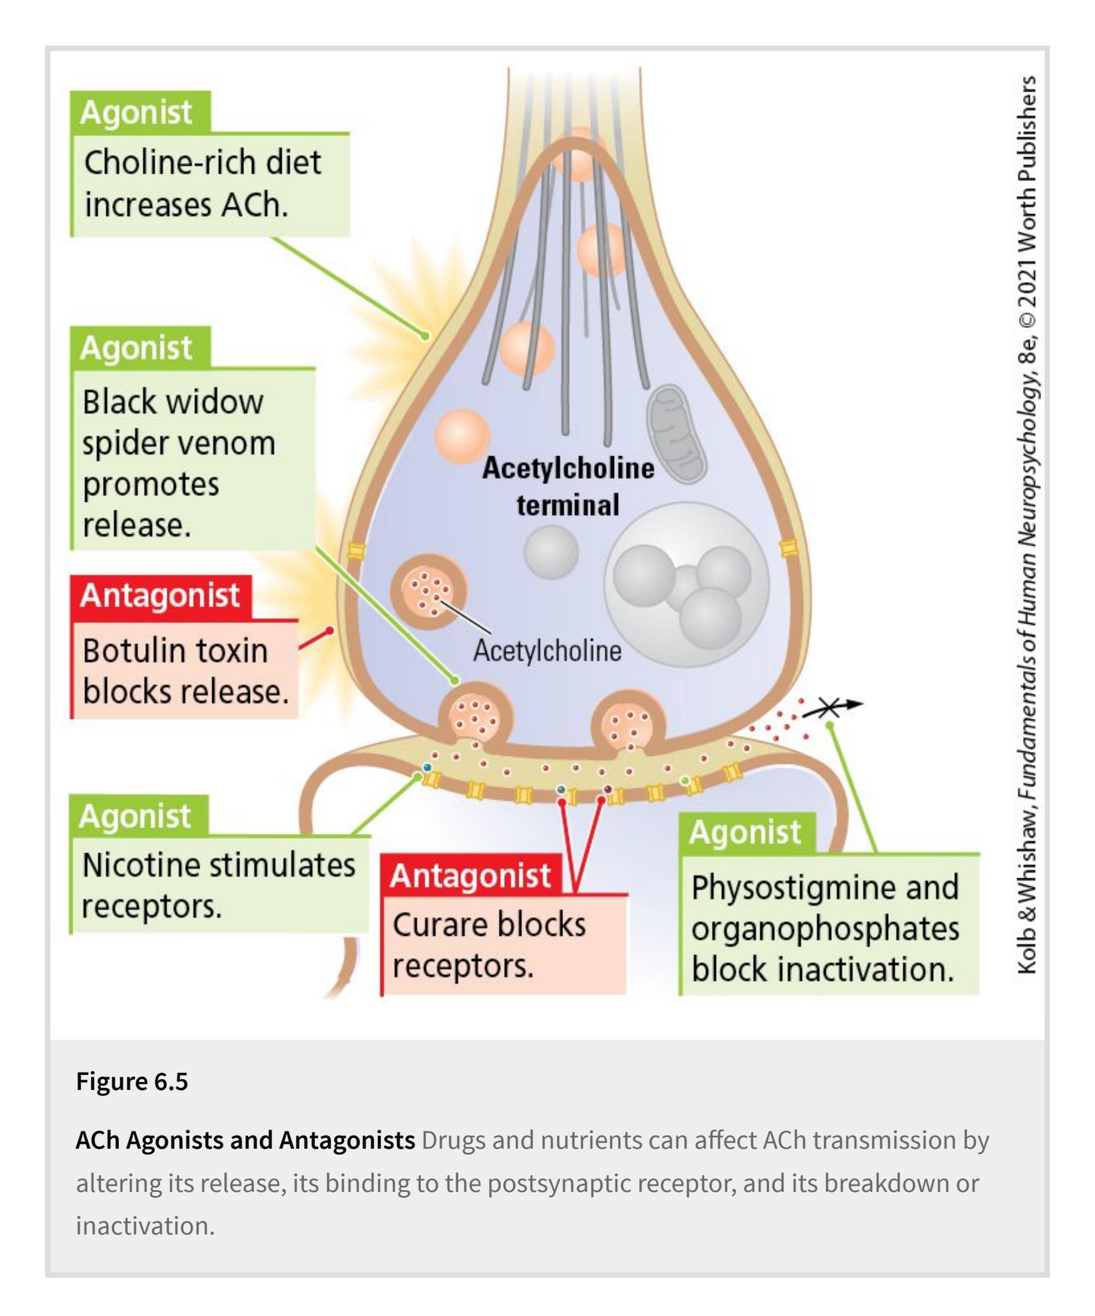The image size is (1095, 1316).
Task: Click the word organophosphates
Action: [825, 929]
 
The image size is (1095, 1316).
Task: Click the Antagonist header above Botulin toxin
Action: [160, 595]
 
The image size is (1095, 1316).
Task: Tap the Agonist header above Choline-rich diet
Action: [136, 113]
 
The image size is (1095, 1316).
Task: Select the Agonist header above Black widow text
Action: [136, 348]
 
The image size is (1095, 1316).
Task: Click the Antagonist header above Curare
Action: [470, 875]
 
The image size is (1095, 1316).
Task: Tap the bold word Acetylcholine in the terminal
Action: [568, 468]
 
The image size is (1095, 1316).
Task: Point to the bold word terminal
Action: [568, 505]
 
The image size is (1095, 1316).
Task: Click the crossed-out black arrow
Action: [832, 707]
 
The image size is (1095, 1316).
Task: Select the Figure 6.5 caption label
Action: [131, 1099]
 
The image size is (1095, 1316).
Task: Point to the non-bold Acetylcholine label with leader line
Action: [547, 651]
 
